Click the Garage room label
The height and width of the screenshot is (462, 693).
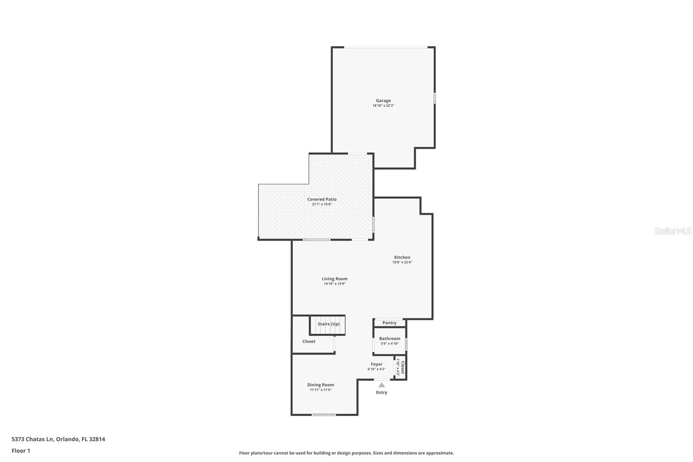tap(383, 101)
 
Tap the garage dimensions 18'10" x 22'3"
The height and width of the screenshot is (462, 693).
tap(383, 106)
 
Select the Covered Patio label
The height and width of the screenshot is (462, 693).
tap(322, 199)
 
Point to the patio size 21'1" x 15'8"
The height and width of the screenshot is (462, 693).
tap(322, 205)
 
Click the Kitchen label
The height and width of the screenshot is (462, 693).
tap(402, 257)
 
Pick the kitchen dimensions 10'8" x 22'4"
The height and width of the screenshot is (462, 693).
tap(402, 262)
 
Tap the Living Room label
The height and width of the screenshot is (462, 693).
tap(334, 279)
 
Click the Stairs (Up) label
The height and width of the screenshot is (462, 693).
tap(329, 324)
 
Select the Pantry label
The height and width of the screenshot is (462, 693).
tap(389, 322)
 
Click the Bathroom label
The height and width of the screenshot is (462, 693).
tap(390, 339)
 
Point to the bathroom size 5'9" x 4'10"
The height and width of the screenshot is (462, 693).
tap(390, 344)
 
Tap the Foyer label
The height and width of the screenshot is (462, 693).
tap(376, 364)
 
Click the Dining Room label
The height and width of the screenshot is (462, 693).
tap(321, 385)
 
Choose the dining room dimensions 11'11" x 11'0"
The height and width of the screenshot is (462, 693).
tap(321, 390)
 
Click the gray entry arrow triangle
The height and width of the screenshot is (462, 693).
tap(382, 385)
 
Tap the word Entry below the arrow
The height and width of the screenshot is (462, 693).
tap(382, 392)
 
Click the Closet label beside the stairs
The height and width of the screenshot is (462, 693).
tap(309, 341)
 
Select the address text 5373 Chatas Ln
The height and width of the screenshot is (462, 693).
tap(32, 439)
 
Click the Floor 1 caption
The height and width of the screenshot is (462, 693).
tap(21, 451)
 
